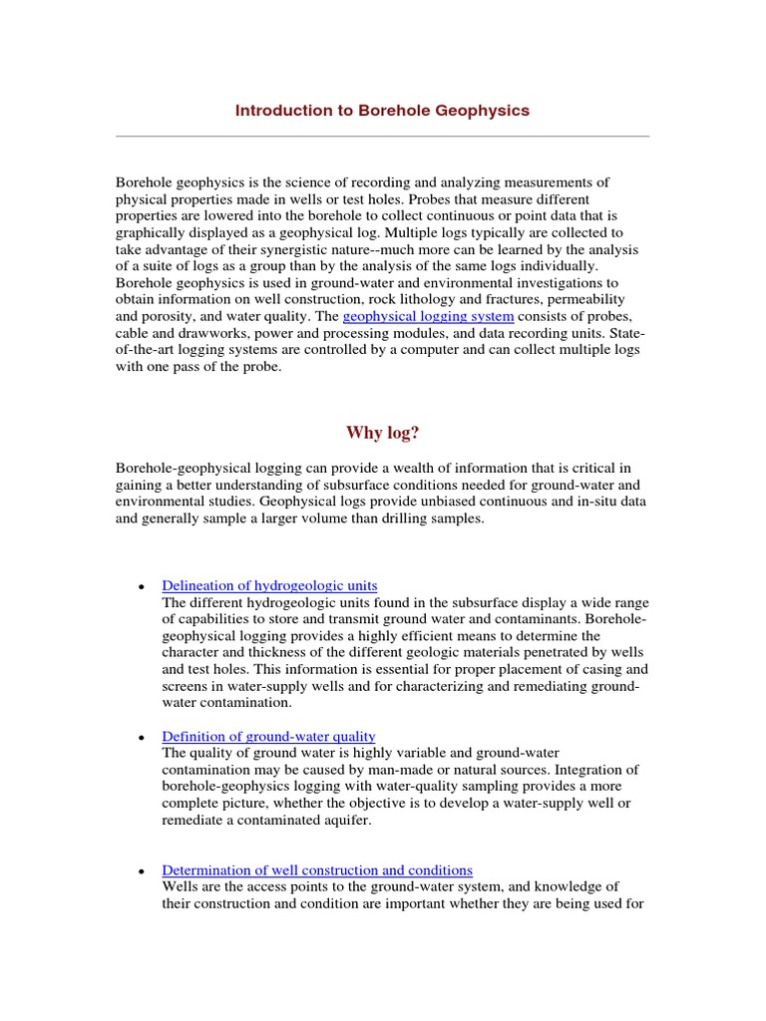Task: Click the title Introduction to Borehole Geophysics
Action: coord(382,111)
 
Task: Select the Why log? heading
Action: coord(382,432)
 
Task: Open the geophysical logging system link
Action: coord(428,316)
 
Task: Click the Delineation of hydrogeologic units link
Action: coord(269,585)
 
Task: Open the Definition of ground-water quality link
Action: coord(268,736)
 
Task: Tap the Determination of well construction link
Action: coord(317,870)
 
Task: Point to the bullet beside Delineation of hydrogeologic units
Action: coord(143,587)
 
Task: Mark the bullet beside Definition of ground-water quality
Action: coord(143,738)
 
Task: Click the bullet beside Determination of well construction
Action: coord(143,872)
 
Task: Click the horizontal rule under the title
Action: coord(382,136)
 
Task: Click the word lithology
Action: coord(401,299)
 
